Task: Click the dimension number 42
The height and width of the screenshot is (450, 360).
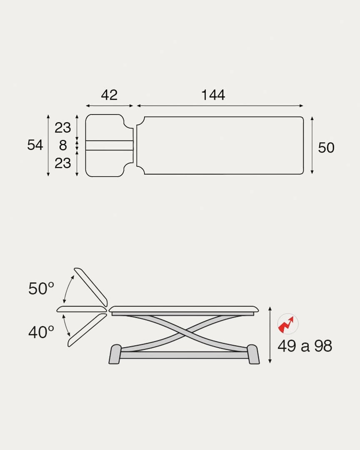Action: [x=110, y=95]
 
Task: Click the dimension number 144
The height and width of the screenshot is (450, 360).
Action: [x=213, y=95]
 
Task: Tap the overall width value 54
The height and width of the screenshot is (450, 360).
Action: [x=35, y=145]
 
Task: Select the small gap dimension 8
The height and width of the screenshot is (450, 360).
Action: [x=63, y=145]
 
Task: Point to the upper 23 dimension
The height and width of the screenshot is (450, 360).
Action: [x=62, y=128]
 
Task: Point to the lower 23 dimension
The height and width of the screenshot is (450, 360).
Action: [x=62, y=163]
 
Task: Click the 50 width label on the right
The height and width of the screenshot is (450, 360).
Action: [x=326, y=148]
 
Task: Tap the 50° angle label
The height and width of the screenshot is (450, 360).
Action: [x=41, y=288]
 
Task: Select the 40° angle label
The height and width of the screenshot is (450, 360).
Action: [x=41, y=332]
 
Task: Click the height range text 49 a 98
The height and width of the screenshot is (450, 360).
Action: [x=305, y=346]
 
